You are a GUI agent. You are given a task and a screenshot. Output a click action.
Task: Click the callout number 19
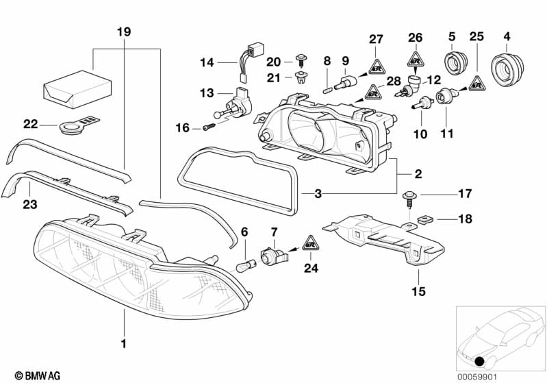[124, 32]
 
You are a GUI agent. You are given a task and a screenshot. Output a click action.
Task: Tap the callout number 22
[30, 123]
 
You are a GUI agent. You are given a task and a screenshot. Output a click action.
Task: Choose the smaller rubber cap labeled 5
[455, 64]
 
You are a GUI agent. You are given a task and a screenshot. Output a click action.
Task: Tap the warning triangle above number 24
[311, 243]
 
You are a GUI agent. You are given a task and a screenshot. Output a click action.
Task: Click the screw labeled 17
[409, 199]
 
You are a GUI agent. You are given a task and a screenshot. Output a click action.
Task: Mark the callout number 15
[418, 291]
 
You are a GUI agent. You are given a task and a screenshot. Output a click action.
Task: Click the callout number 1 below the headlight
[123, 343]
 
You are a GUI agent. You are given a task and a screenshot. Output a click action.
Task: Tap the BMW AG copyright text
[38, 375]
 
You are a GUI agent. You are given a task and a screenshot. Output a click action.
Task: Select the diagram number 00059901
[477, 377]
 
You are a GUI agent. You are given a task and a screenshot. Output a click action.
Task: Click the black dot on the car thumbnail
[481, 362]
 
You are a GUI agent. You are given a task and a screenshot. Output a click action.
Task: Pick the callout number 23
[30, 204]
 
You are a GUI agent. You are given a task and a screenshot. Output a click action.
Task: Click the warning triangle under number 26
[415, 60]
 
